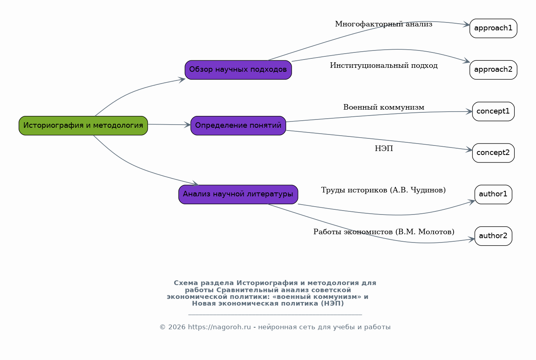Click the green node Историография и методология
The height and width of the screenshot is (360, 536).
(83, 126)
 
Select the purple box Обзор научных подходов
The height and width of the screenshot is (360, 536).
(238, 70)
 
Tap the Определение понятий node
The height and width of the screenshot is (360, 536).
(238, 126)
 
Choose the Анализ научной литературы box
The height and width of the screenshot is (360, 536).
(238, 194)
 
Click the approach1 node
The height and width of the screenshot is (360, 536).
(493, 28)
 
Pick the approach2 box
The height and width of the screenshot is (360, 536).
(493, 70)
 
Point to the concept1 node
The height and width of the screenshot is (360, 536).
(493, 112)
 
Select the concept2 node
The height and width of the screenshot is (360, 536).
(493, 153)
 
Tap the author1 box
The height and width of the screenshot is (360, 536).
(493, 194)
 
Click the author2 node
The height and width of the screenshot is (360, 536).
(493, 236)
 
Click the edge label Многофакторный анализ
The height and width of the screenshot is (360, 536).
(383, 24)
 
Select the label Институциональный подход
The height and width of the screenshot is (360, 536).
(384, 65)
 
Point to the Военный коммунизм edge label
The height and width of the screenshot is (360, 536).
(384, 107)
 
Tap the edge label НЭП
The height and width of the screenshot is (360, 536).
(384, 149)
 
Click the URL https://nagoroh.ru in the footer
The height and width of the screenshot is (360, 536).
(220, 327)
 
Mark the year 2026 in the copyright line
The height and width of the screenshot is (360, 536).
(177, 327)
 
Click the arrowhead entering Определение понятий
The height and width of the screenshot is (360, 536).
(187, 125)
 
